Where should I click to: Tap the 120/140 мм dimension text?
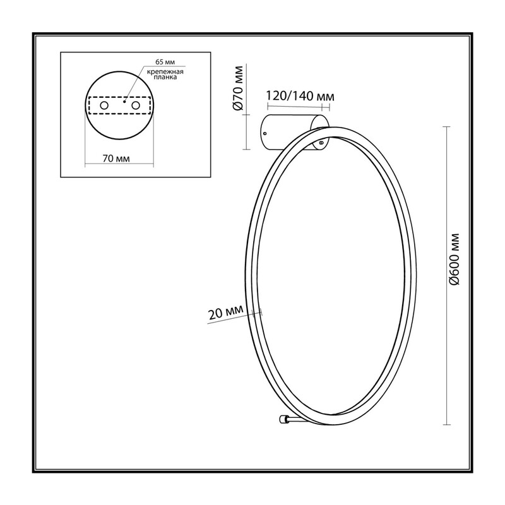point(300,96)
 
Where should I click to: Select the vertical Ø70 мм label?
point(239,88)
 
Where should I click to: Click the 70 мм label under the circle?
point(116,158)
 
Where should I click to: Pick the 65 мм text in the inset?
point(165,62)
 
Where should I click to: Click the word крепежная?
point(165,72)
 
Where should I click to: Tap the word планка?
point(165,77)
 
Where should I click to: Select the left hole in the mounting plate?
point(104,105)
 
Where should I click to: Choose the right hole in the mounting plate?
point(136,105)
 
